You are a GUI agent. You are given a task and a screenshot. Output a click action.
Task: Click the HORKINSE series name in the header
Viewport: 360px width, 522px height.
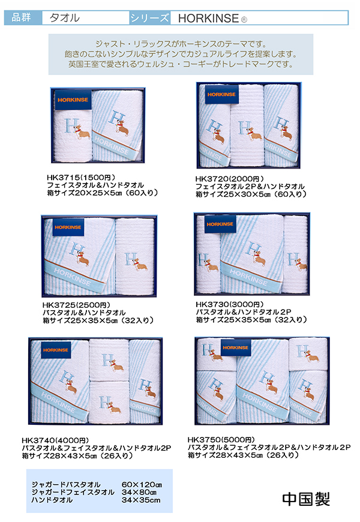tap(208, 19)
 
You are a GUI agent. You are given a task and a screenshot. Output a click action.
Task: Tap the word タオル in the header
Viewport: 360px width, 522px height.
tap(65, 17)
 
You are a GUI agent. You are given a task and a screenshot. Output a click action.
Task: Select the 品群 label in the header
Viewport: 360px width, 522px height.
tap(22, 17)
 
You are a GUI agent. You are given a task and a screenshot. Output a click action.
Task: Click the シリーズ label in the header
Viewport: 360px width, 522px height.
tap(149, 18)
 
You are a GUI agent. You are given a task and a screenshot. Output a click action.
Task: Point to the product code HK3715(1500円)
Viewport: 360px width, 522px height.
tap(81, 178)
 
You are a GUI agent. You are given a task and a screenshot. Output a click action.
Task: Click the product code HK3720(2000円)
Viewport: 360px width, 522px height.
tap(229, 179)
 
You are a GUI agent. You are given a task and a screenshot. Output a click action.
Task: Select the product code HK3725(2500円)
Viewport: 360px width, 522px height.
tap(76, 305)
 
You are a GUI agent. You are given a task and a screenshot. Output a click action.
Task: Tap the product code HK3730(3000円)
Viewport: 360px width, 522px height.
tap(229, 304)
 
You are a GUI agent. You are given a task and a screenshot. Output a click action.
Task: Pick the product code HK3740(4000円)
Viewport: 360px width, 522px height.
tap(55, 440)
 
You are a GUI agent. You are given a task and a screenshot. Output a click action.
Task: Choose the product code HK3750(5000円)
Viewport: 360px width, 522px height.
tap(221, 440)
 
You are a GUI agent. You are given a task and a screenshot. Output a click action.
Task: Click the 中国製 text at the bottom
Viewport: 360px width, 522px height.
tap(306, 499)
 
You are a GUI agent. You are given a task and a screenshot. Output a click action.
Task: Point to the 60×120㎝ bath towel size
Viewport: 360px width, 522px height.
tap(142, 485)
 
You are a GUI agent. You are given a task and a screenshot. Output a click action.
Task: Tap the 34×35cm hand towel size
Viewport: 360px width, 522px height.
tap(141, 500)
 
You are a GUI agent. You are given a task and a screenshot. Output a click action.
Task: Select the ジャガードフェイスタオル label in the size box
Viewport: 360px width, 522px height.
tap(73, 493)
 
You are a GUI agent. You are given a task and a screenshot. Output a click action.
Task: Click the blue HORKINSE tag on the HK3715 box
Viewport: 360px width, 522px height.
tap(73, 100)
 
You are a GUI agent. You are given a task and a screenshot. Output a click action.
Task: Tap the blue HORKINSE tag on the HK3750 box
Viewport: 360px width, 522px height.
tap(235, 347)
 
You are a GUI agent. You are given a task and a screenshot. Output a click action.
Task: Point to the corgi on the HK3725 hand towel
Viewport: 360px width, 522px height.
tap(140, 265)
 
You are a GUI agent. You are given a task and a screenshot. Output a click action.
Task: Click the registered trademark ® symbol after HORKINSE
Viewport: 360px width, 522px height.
tap(244, 20)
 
